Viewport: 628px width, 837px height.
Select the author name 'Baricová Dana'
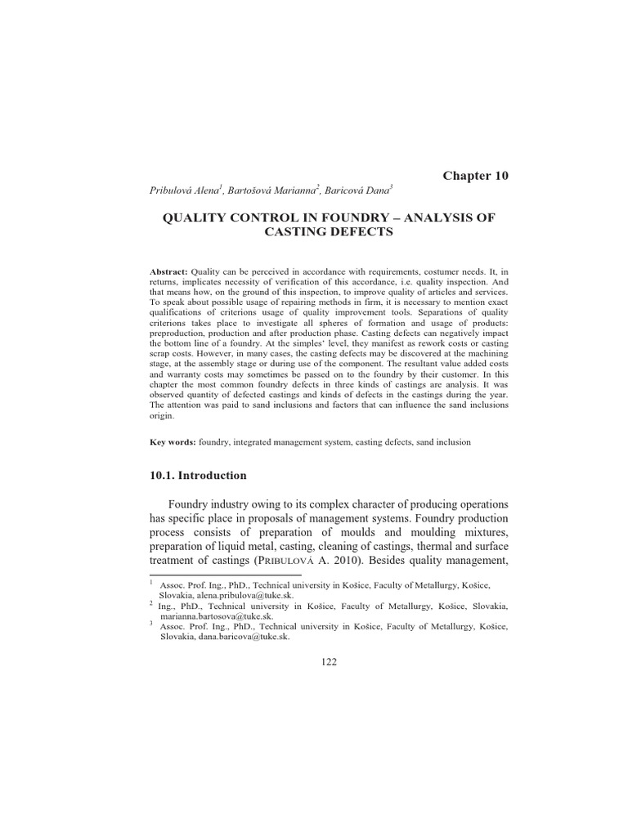tap(356, 190)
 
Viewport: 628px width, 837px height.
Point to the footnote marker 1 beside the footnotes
tap(152, 583)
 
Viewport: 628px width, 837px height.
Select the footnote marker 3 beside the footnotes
tap(152, 622)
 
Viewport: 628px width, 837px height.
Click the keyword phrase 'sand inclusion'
tap(442, 442)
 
